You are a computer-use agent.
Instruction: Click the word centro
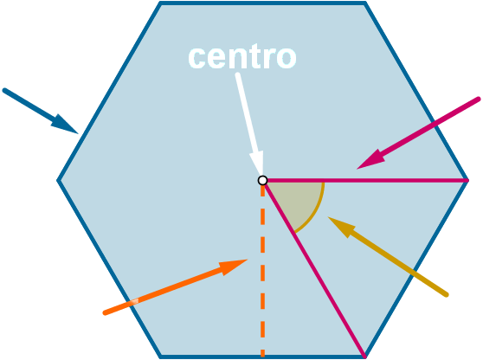tap(242, 57)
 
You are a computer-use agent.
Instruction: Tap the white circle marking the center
tap(262, 180)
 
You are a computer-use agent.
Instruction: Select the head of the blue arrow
tap(67, 125)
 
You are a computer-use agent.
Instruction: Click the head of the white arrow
tap(257, 163)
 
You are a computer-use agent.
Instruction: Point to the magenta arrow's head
tap(372, 159)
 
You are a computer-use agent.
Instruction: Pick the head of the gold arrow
tap(342, 226)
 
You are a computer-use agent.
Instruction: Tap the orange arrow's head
tap(233, 267)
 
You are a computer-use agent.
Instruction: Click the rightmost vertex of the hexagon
tap(467, 180)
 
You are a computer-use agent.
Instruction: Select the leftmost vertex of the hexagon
tap(58, 180)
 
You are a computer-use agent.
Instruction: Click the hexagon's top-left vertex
tap(160, 3)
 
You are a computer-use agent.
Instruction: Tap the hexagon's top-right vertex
tap(365, 3)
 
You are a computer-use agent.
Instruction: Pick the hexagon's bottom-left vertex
tap(160, 357)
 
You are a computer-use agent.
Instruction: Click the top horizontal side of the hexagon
tap(263, 3)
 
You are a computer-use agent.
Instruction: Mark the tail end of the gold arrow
tap(447, 295)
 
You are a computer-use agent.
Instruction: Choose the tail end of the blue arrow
tap(4, 90)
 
